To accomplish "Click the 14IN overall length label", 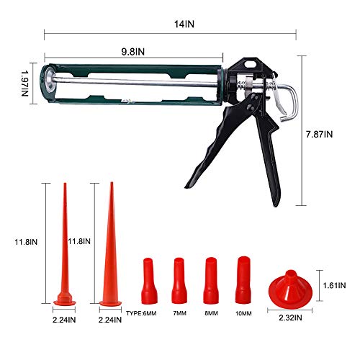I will click(184, 23).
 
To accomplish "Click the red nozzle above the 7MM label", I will click(179, 280).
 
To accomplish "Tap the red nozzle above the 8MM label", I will click(211, 280).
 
